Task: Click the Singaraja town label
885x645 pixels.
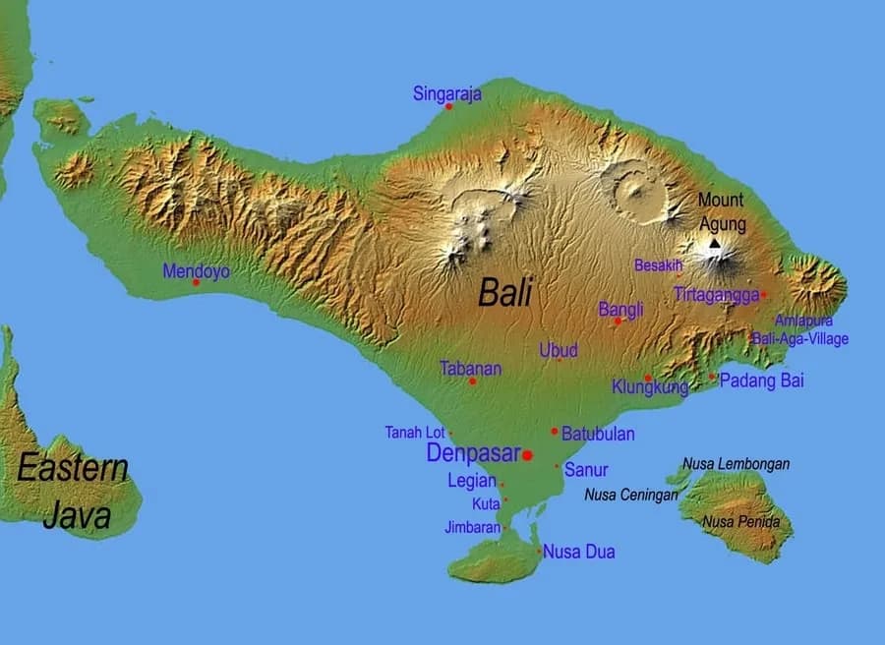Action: click(x=446, y=94)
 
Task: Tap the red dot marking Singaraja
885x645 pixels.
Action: click(x=448, y=106)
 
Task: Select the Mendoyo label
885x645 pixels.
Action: click(x=196, y=270)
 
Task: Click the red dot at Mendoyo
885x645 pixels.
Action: click(x=196, y=282)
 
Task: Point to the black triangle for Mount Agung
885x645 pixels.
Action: click(x=715, y=242)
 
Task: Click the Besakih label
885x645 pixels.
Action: click(x=658, y=265)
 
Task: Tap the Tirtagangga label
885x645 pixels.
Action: click(x=716, y=294)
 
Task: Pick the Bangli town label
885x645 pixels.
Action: click(x=620, y=310)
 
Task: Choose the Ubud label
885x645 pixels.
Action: click(x=559, y=350)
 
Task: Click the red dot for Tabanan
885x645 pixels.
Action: click(x=472, y=381)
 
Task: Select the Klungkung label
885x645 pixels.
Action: click(x=650, y=387)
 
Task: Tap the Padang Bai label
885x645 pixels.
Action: click(x=762, y=381)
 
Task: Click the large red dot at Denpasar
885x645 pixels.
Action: click(x=527, y=455)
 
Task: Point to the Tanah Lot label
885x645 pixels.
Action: click(x=414, y=433)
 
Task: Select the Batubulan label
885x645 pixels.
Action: click(x=598, y=434)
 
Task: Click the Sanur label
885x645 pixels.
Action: click(x=586, y=470)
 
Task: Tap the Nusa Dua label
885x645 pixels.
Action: click(x=579, y=552)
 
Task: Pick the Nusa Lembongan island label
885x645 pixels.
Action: click(x=736, y=464)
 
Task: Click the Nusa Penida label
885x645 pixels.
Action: click(x=740, y=522)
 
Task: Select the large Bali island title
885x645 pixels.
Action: click(x=504, y=293)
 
